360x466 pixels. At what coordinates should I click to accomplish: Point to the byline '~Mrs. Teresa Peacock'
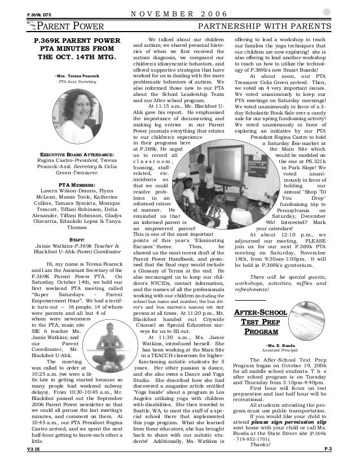[76, 74]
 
